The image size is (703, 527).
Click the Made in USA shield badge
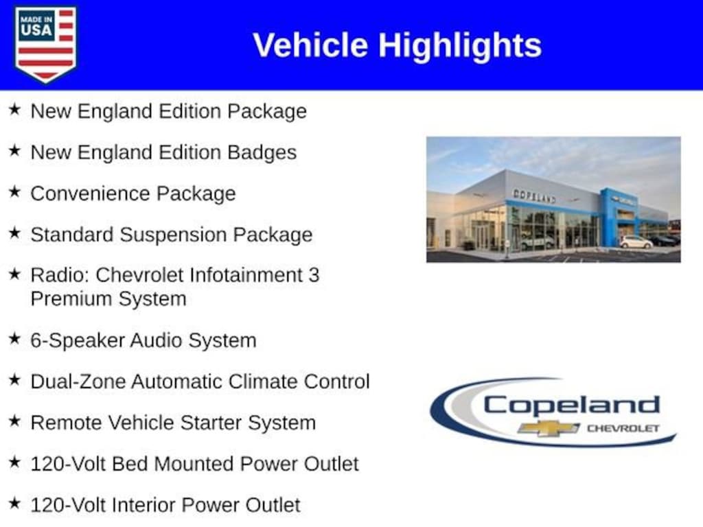tap(45, 45)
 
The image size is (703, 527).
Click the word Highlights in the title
tap(460, 46)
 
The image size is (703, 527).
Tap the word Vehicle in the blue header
tap(310, 45)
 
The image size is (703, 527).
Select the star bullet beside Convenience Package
tap(15, 192)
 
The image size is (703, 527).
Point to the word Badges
tap(262, 153)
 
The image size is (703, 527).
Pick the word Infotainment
tap(246, 275)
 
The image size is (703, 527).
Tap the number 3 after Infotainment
tap(314, 275)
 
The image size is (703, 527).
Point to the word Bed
tap(130, 464)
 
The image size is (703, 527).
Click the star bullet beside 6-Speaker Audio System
tap(15, 339)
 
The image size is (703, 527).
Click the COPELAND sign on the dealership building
tap(534, 196)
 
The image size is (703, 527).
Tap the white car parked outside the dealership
tap(636, 242)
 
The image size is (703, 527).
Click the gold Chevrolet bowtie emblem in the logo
tap(548, 428)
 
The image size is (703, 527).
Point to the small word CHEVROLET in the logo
tap(623, 428)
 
